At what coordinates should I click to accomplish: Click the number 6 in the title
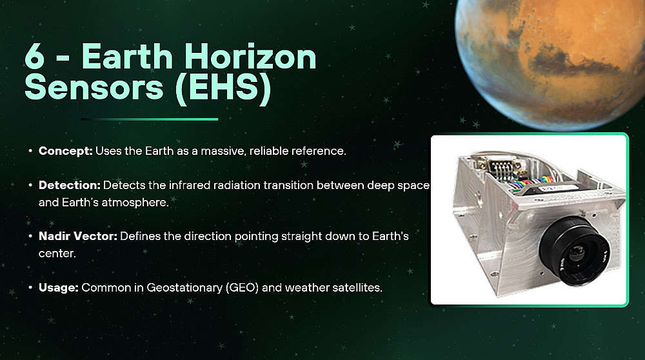35,56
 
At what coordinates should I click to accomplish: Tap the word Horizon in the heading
250,56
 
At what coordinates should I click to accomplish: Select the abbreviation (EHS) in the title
223,88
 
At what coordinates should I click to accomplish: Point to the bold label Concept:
66,151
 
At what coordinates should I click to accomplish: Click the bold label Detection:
70,185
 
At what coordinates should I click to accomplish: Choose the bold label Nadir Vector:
78,236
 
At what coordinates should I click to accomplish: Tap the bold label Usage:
59,288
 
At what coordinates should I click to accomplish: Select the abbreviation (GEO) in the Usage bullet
243,288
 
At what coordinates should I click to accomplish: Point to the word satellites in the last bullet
357,288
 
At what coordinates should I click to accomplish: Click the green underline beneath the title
150,119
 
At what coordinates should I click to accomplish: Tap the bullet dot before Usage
30,287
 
